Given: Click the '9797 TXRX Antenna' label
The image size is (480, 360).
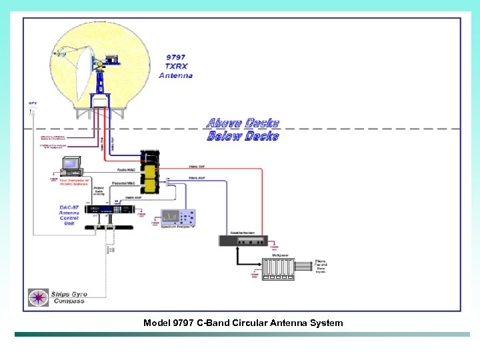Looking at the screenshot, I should point(175,66).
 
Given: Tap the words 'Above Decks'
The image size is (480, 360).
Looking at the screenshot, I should point(243,123).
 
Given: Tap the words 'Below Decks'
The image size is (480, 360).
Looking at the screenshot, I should point(243,136).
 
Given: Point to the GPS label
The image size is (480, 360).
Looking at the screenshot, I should point(32,103).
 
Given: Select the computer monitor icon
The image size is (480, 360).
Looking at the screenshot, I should point(70,165).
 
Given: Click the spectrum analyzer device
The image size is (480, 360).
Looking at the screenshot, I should point(178,217).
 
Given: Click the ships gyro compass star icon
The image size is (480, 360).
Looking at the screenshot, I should point(37,297).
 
